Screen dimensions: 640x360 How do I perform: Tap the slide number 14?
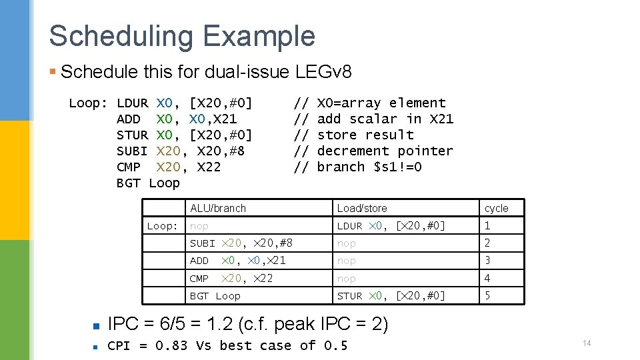(x=587, y=343)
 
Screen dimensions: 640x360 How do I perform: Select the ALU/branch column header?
(x=218, y=208)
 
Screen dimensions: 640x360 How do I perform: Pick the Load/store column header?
(x=362, y=208)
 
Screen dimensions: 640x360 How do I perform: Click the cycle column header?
(x=497, y=208)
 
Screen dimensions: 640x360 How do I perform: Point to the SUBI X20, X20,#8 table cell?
(x=241, y=243)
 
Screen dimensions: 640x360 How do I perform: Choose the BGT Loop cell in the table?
(x=215, y=296)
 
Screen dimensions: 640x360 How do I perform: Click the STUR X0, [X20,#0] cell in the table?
(x=391, y=296)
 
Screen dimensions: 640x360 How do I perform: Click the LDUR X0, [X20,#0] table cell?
(x=391, y=226)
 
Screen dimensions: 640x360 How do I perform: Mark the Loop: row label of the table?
(x=163, y=226)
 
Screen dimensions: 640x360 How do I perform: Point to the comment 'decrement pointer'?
(x=385, y=151)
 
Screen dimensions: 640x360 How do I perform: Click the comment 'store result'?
(x=365, y=135)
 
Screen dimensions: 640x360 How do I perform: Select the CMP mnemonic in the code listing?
(x=129, y=167)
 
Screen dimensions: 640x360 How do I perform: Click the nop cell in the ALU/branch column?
(x=199, y=226)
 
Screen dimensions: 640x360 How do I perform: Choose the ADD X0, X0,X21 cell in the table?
(x=238, y=261)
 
